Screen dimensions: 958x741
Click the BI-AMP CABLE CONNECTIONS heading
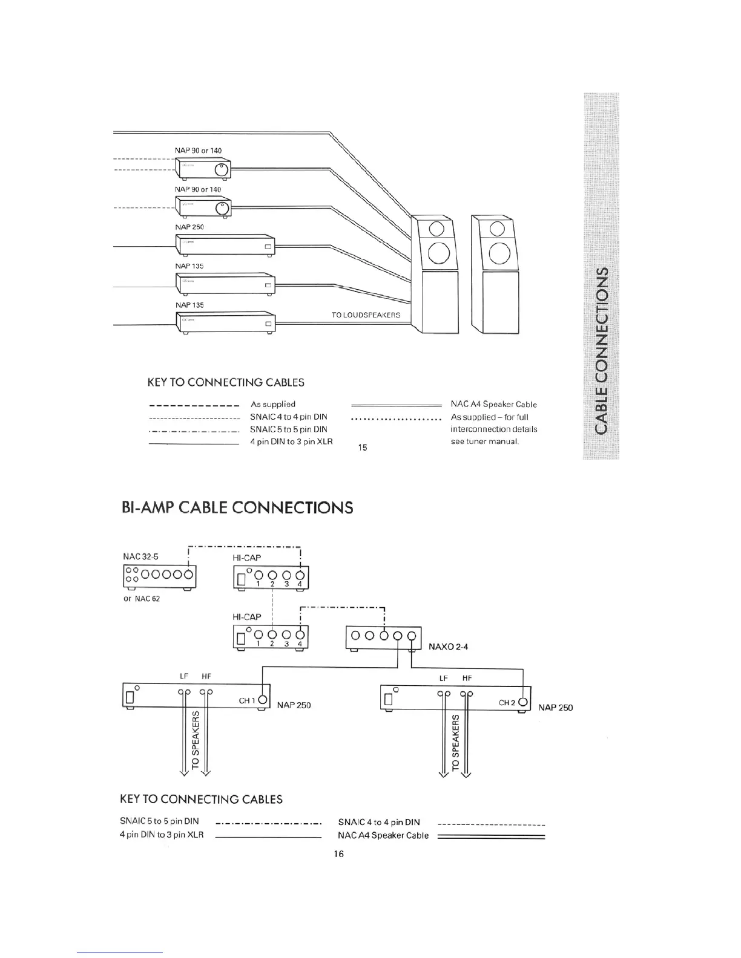pos(237,507)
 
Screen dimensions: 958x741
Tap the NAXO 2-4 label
pos(448,647)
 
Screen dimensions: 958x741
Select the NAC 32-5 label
pos(140,556)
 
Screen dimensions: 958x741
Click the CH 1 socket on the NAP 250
pos(263,700)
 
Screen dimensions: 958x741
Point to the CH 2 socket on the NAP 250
pos(523,703)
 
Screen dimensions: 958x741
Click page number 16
pos(338,854)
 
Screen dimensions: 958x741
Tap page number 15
pos(363,448)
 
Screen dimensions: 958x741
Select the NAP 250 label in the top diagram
pos(189,227)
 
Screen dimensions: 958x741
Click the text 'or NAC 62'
pos(141,599)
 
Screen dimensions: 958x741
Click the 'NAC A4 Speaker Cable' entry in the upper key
pos(493,405)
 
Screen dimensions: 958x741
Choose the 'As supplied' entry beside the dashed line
pos(272,404)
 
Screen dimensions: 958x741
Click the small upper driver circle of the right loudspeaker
pos(496,228)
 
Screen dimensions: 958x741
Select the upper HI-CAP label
pos(247,558)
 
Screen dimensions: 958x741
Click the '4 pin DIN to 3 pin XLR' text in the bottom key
pos(162,835)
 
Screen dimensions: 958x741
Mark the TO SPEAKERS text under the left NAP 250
pos(196,740)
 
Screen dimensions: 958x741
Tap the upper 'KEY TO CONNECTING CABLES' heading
pos(226,382)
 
